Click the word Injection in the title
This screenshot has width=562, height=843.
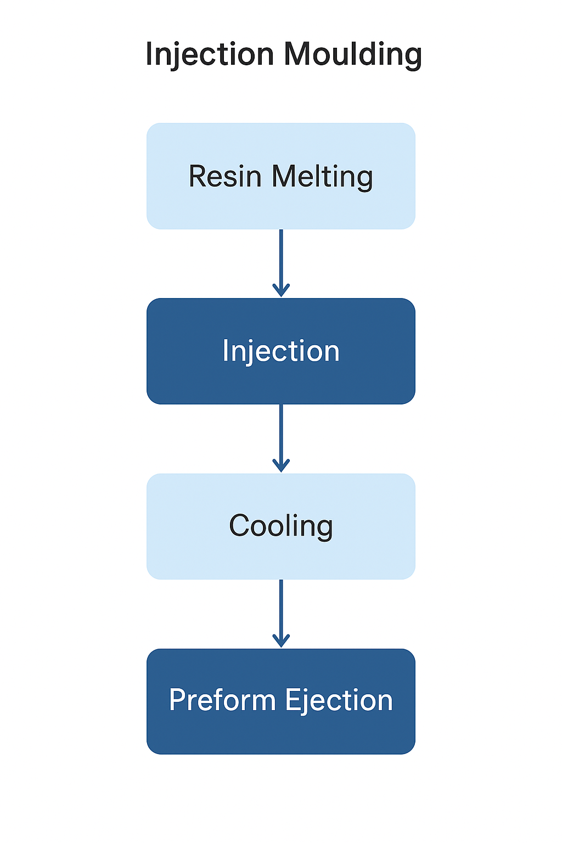[210, 55]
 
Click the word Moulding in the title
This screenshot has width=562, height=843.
[352, 55]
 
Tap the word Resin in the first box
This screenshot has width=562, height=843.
[225, 176]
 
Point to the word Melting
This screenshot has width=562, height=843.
[322, 177]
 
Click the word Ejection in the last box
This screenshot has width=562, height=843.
[339, 700]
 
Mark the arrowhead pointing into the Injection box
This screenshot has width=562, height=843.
[281, 291]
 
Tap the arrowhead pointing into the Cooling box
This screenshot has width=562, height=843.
[281, 466]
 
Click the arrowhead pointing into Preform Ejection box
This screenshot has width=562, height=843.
[281, 641]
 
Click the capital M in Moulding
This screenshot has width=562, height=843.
[297, 54]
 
